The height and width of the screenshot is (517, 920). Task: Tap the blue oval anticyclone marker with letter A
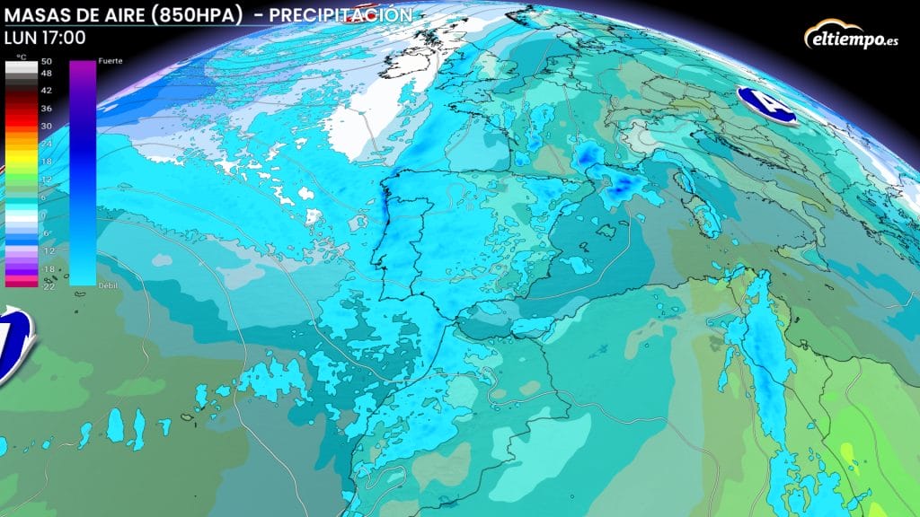click(x=766, y=105)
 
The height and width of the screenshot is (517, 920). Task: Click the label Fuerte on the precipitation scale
click(x=111, y=59)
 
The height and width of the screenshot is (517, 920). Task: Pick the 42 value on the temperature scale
click(x=47, y=91)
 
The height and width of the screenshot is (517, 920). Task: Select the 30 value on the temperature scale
click(x=47, y=126)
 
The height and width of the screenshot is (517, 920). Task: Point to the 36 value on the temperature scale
click(x=47, y=109)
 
